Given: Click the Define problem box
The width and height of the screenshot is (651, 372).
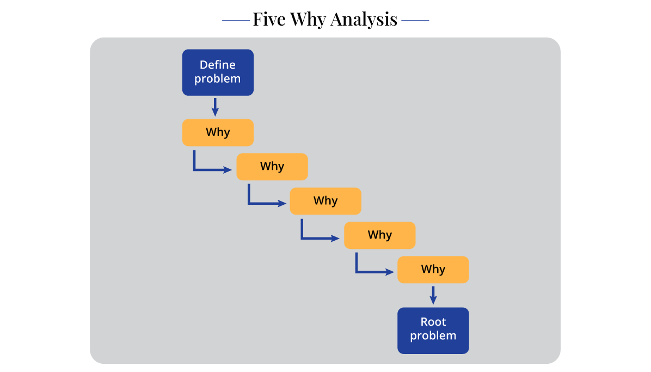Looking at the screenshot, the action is (x=218, y=72).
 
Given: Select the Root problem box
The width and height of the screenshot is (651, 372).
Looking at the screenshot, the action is (x=433, y=331).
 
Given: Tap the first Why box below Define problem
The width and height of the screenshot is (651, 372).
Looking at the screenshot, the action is (x=218, y=132).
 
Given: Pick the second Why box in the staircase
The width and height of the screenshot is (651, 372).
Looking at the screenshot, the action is (x=272, y=167).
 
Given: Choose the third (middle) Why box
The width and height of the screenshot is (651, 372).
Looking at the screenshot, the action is (x=325, y=201).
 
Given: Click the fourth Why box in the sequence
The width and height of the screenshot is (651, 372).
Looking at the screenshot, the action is (x=379, y=235).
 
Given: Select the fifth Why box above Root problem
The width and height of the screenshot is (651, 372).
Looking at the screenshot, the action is (x=433, y=270).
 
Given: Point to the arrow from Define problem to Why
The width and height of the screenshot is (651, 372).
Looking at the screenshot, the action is (x=215, y=107).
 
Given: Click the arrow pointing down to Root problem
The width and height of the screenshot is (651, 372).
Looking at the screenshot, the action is (x=433, y=295).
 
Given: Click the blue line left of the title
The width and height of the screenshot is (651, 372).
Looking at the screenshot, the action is (x=236, y=20).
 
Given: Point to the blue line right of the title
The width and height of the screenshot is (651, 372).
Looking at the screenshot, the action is (x=415, y=20).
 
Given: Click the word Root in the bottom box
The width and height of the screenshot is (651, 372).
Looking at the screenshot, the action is (x=433, y=322).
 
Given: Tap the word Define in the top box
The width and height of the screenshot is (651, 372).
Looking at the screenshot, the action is (x=218, y=65).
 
